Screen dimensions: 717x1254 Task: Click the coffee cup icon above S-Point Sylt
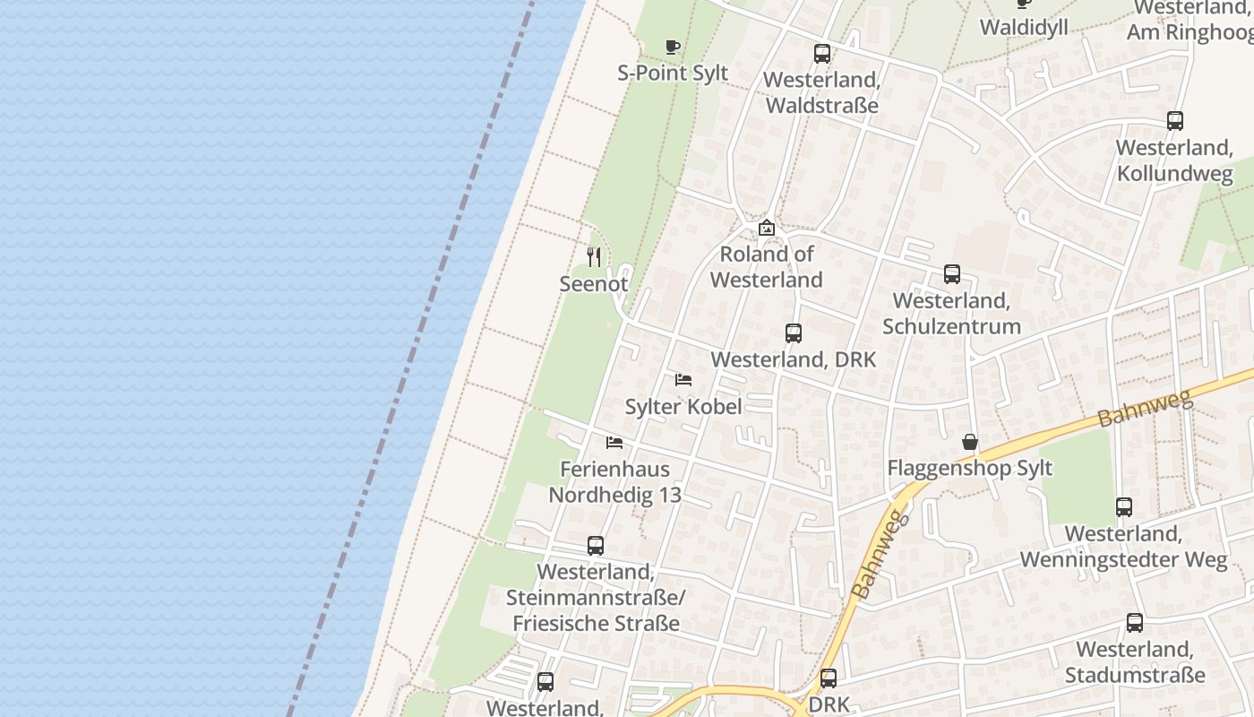(x=673, y=47)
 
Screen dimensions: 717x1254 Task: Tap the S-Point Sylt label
(x=673, y=73)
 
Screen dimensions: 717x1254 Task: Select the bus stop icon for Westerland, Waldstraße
(x=822, y=54)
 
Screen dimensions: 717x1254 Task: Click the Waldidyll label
(x=1024, y=27)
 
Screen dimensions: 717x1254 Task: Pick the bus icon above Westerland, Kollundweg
(x=1175, y=121)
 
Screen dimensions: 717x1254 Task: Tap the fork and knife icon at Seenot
(x=594, y=257)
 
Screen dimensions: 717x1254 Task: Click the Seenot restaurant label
(x=594, y=283)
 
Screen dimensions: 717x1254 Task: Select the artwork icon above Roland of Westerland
(x=766, y=229)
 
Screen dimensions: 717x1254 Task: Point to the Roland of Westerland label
(x=766, y=267)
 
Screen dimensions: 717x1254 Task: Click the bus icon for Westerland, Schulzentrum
(x=951, y=274)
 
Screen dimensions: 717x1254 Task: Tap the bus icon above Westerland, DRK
(x=793, y=333)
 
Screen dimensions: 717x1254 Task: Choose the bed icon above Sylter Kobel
(x=683, y=380)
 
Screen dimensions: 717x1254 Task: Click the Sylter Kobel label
(x=683, y=406)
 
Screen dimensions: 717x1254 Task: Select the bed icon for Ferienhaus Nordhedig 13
(x=614, y=443)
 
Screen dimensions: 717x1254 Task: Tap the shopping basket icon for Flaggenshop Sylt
(x=969, y=442)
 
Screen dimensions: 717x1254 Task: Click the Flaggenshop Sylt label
(x=969, y=468)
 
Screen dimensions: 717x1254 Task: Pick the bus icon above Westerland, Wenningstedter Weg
(x=1124, y=507)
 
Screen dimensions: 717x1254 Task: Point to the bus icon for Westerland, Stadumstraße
(x=1135, y=623)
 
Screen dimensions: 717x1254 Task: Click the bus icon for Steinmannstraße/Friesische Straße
(x=596, y=545)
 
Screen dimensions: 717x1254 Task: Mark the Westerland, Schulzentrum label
(x=951, y=313)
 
